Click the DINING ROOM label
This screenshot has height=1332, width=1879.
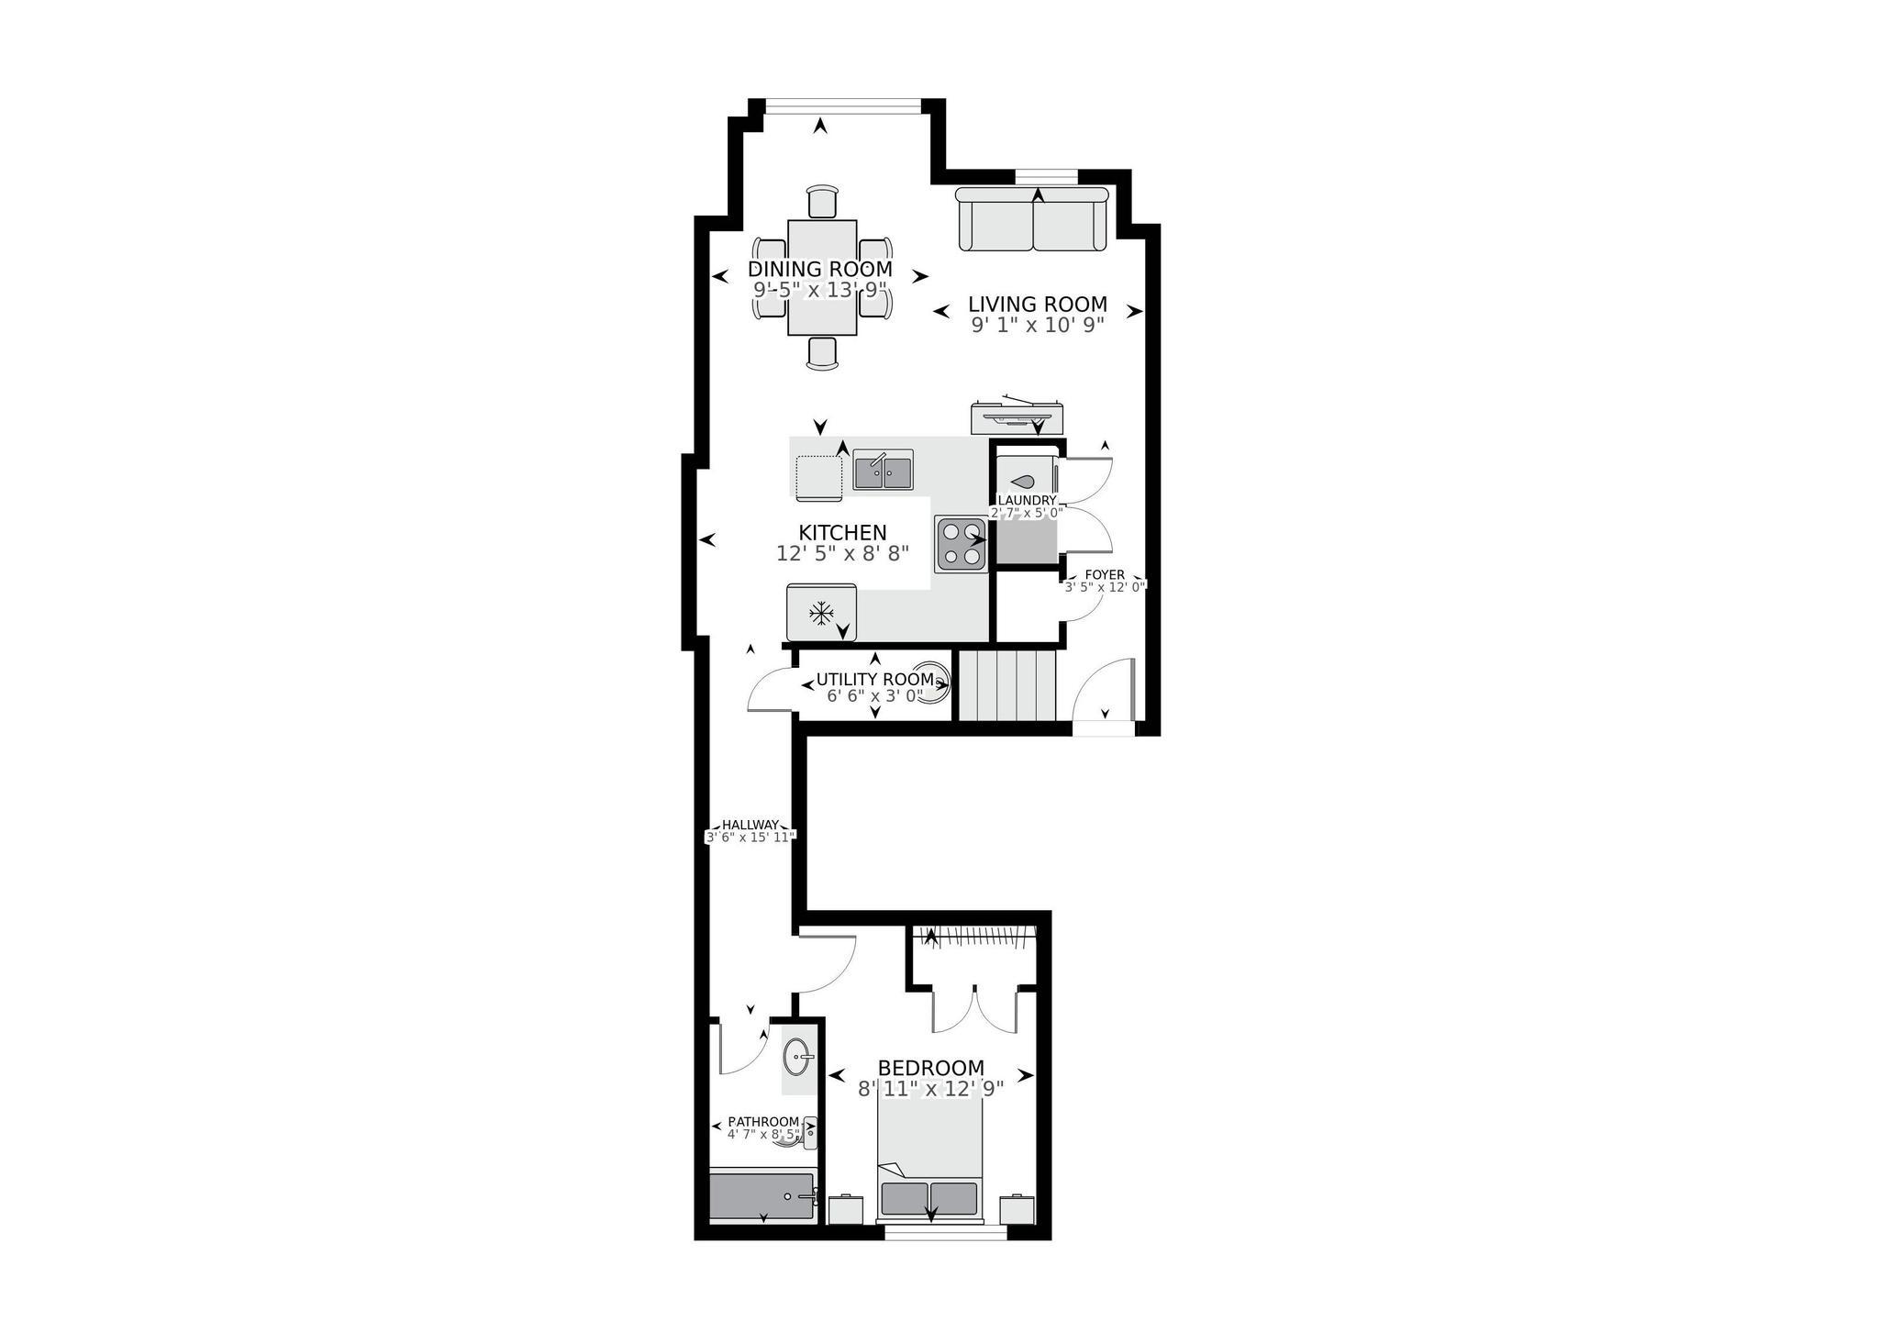click(x=819, y=269)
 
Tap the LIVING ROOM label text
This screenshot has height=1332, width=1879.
click(x=1037, y=304)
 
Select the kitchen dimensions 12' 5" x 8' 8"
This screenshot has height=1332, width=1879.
click(x=841, y=553)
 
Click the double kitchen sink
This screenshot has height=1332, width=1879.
click(x=883, y=471)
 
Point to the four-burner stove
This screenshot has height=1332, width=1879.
click(x=961, y=544)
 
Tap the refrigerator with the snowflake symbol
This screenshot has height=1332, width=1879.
click(x=821, y=612)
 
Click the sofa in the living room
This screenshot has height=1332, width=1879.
click(x=1033, y=219)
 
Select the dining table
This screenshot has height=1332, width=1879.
click(x=822, y=277)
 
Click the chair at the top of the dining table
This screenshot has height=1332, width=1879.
click(x=822, y=201)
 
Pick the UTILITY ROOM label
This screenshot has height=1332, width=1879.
click(x=874, y=680)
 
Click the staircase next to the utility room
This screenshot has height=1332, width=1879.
click(x=1007, y=685)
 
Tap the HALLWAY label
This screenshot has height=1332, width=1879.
click(x=750, y=824)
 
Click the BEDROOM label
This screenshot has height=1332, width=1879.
click(x=930, y=1068)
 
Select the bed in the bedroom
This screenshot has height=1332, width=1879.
click(x=929, y=1160)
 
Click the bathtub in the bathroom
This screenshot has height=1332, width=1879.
click(x=762, y=1196)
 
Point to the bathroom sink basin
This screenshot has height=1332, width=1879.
click(x=797, y=1058)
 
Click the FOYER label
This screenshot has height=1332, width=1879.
click(x=1104, y=575)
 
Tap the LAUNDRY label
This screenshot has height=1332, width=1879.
click(x=1027, y=500)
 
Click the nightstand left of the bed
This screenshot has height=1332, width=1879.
click(x=845, y=1208)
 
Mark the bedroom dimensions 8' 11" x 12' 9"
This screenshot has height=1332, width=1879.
click(x=930, y=1089)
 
